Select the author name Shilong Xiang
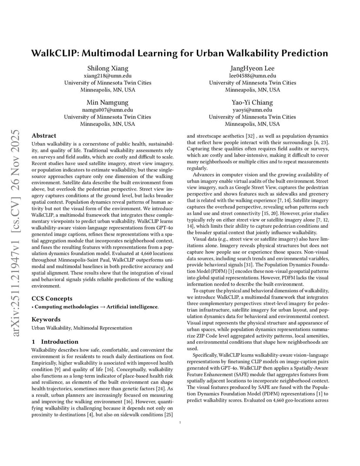click(107, 68)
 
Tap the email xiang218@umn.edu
click(107, 76)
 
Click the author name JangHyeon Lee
click(252, 68)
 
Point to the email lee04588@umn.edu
click(252, 76)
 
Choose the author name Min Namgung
click(107, 103)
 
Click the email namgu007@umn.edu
click(107, 110)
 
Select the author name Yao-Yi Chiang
click(252, 103)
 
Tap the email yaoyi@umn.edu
click(252, 110)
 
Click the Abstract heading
click(44, 136)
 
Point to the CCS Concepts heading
click(52, 299)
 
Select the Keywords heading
click(46, 320)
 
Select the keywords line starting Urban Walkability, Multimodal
click(82, 328)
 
